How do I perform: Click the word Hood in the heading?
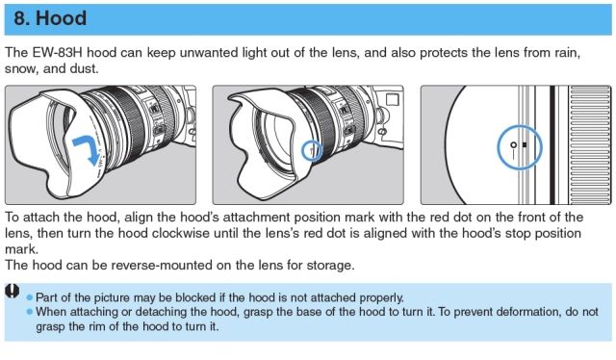[62, 18]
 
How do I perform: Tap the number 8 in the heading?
[19, 18]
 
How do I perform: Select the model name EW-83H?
[58, 53]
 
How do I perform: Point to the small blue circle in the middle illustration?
[301, 150]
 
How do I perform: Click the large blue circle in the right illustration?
[498, 147]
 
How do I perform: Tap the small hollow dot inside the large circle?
[513, 145]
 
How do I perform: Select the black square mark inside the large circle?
[525, 144]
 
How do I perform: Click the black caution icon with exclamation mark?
[13, 292]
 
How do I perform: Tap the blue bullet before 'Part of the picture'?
[30, 297]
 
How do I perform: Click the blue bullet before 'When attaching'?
[30, 312]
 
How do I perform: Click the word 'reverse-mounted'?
[162, 265]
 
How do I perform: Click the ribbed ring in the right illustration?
[590, 145]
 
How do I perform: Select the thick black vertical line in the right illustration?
[552, 145]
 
